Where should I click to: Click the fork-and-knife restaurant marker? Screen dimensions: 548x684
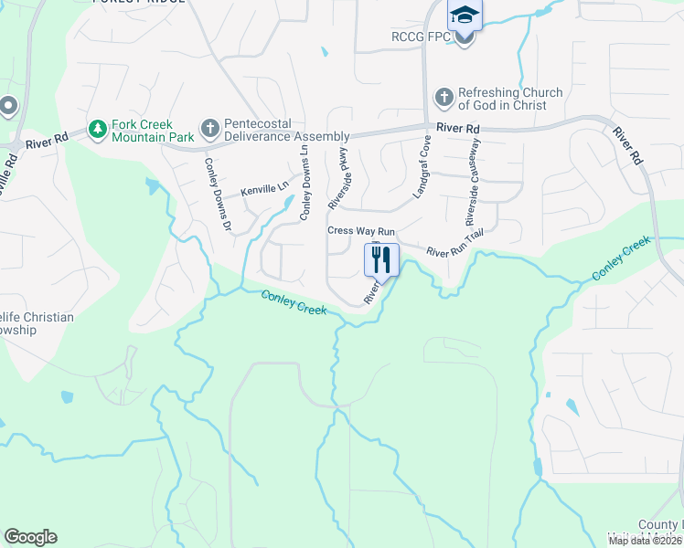[382, 259]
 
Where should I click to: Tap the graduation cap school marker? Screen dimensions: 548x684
[465, 17]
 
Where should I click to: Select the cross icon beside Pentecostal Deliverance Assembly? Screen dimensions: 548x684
[209, 130]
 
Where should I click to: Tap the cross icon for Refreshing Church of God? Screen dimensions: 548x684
[444, 98]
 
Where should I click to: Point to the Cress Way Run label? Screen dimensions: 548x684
[360, 231]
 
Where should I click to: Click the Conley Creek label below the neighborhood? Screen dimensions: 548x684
[294, 301]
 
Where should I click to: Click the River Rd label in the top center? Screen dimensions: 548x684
[458, 129]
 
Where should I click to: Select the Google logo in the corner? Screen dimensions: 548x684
[30, 537]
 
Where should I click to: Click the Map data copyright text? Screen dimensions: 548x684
[645, 541]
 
